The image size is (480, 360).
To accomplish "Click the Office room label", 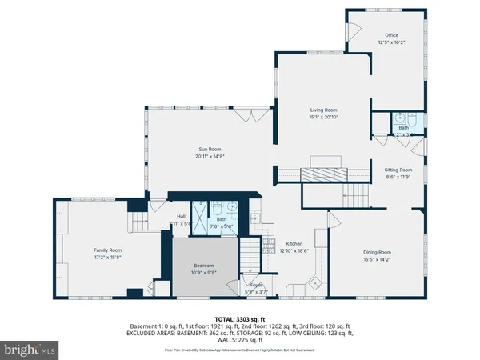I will pyautogui.click(x=391, y=35).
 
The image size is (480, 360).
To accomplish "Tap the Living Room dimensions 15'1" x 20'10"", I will pyautogui.click(x=324, y=117).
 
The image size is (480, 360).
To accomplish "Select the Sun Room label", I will pyautogui.click(x=210, y=149).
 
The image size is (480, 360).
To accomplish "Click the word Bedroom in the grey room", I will pyautogui.click(x=204, y=266).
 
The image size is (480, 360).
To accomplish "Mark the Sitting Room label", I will pyautogui.click(x=398, y=170).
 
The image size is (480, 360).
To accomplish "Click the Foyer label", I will pyautogui.click(x=256, y=285).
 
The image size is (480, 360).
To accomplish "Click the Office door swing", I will pyautogui.click(x=353, y=33).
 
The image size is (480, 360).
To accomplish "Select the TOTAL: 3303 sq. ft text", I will pyautogui.click(x=240, y=319).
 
